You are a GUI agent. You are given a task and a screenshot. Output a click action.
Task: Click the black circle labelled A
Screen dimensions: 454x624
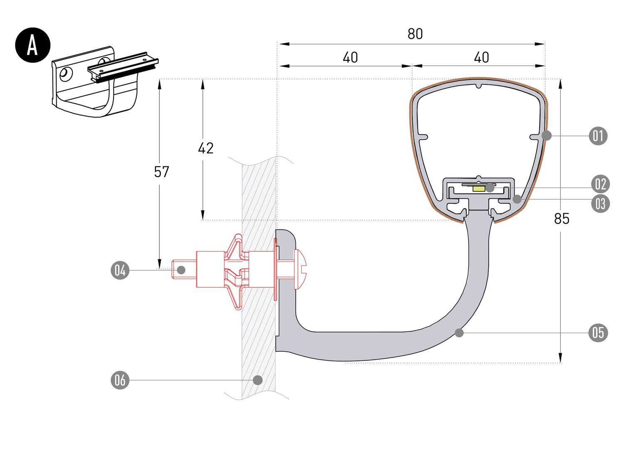[32, 45]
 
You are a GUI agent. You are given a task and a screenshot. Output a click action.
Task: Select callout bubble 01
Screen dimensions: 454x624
[598, 136]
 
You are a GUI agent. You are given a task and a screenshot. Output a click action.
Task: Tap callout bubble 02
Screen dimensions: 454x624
[600, 184]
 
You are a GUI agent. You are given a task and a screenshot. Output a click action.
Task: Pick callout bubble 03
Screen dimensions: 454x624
[600, 204]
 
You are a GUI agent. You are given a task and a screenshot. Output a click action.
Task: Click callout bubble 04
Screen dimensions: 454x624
[120, 270]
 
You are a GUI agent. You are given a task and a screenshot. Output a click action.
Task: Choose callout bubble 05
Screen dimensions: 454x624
[598, 333]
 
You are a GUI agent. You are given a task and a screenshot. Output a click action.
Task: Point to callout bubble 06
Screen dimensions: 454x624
[120, 380]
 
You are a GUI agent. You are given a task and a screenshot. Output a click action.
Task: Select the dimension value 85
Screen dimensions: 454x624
[561, 218]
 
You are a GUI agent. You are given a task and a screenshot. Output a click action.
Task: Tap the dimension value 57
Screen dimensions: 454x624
[161, 172]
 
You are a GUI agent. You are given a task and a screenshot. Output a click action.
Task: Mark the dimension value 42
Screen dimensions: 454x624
[206, 148]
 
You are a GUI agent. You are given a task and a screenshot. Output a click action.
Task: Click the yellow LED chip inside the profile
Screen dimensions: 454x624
[479, 189]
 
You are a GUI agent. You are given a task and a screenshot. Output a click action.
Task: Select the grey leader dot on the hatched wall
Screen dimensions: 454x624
[258, 380]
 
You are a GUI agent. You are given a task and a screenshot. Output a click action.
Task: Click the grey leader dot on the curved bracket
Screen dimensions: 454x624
[459, 333]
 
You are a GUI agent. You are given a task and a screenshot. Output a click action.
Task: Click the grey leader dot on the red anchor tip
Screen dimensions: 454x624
[181, 270]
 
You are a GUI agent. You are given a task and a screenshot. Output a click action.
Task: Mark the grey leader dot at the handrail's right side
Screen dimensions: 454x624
[547, 136]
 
